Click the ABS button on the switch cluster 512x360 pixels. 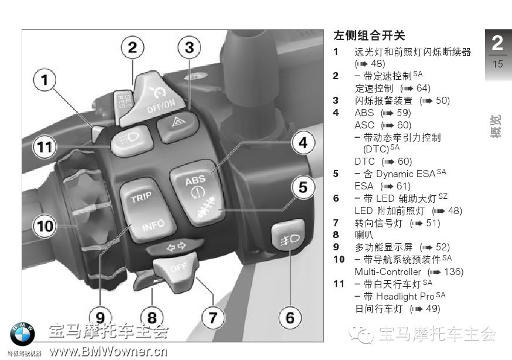[197, 192]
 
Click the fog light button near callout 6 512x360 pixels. [288, 235]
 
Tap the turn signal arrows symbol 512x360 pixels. [176, 247]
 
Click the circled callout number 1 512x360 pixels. [45, 80]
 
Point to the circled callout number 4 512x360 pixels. [303, 142]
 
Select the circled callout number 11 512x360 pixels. [45, 147]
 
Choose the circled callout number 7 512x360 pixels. [213, 318]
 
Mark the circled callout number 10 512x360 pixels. [45, 226]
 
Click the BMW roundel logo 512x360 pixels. [22, 334]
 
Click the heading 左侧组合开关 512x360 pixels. [369, 35]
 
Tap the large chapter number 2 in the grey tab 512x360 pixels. [497, 43]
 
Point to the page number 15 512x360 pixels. [497, 64]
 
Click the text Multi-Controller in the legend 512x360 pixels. [388, 272]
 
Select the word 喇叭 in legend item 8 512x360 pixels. [364, 235]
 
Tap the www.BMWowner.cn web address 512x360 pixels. [109, 352]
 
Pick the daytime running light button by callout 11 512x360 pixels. [132, 140]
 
